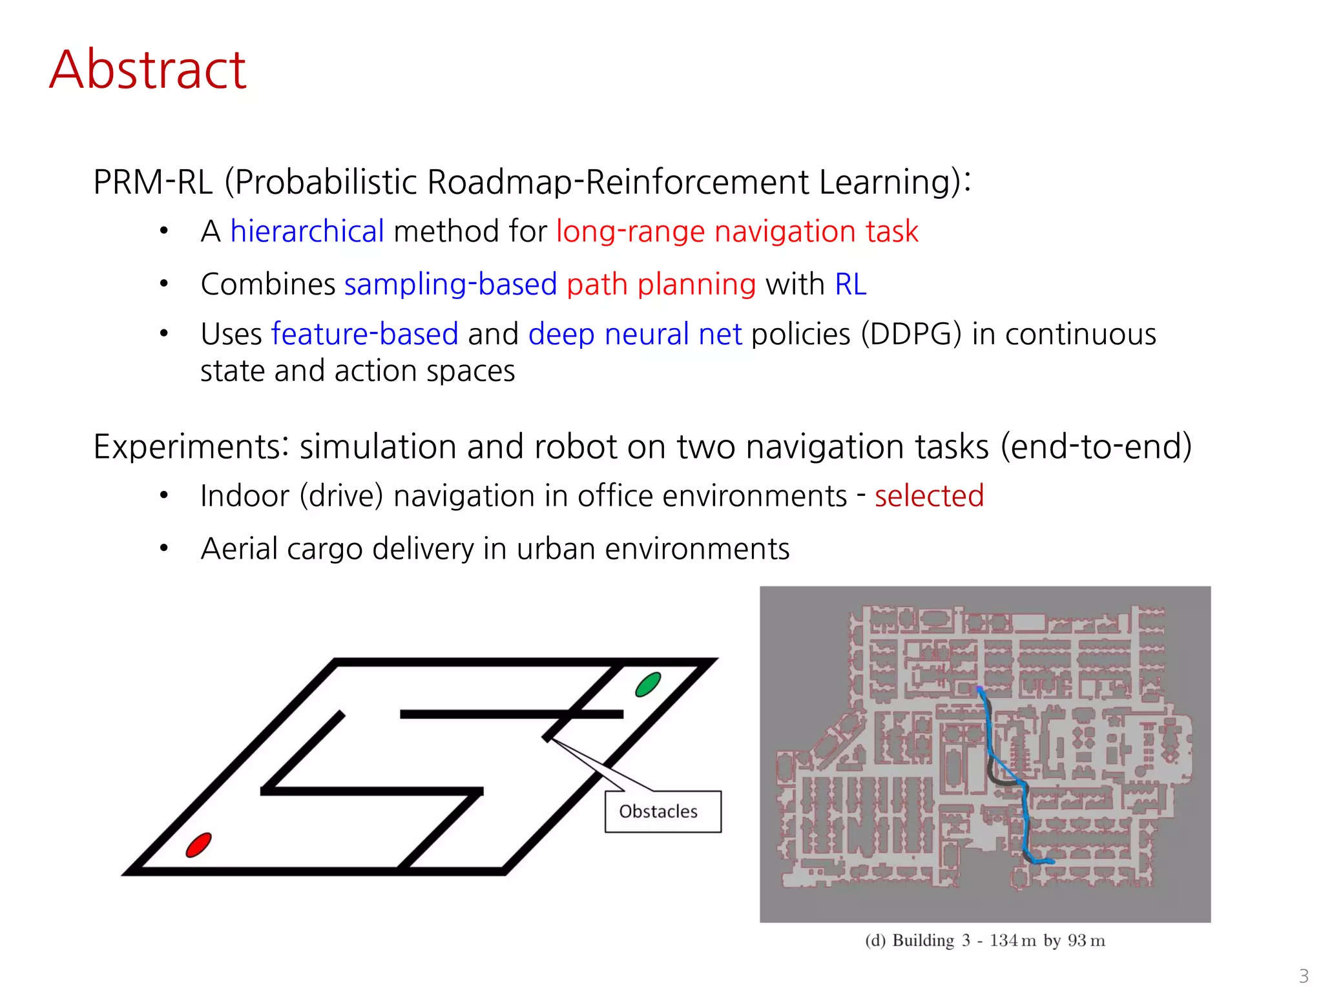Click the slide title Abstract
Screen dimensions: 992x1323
(147, 70)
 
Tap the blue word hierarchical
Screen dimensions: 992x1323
(307, 231)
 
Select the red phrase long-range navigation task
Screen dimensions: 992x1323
(736, 231)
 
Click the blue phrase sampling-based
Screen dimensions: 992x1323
(450, 284)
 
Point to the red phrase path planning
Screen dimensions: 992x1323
(661, 284)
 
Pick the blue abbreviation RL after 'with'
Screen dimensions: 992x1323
(850, 284)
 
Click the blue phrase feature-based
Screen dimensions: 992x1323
(364, 334)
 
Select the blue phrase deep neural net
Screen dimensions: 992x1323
(635, 334)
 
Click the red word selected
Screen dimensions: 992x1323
(929, 496)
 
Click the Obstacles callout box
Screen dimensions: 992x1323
(663, 812)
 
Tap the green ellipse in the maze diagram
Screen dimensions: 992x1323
(648, 685)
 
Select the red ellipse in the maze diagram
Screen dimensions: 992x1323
(198, 845)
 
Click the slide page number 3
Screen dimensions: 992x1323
(1304, 975)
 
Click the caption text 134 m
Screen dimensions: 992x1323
(1012, 940)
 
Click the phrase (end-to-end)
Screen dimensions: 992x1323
(1096, 447)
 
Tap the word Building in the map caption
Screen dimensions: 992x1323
(922, 940)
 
